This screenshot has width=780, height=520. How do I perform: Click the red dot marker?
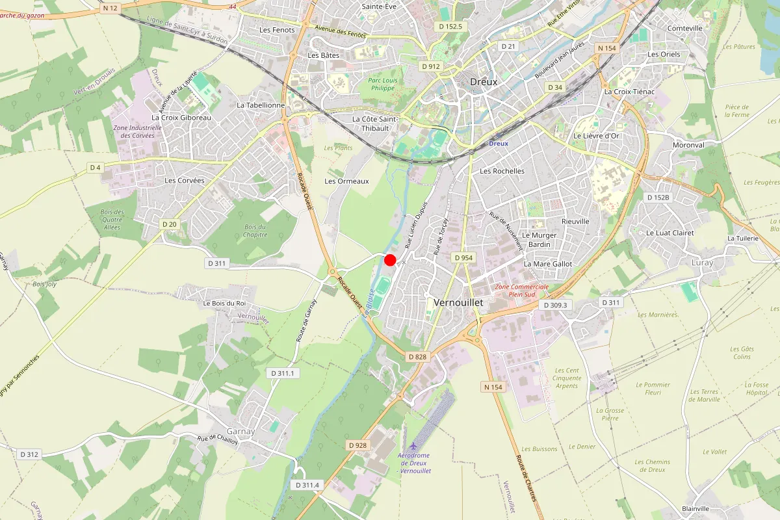[x=390, y=260]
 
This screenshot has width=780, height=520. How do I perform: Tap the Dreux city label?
[x=484, y=82]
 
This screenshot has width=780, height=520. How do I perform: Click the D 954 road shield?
[x=463, y=258]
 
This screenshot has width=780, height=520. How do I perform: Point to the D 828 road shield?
[x=417, y=357]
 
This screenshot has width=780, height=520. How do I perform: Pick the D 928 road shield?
[x=357, y=445]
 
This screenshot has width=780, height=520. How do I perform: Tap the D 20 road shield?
[x=169, y=224]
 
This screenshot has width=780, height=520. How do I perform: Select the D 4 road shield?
[x=96, y=168]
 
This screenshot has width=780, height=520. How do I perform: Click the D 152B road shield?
[x=658, y=197]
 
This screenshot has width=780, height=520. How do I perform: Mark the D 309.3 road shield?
[x=555, y=305]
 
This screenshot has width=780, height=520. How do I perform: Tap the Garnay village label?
[x=240, y=432]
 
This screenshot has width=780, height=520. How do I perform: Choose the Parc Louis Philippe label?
[x=382, y=84]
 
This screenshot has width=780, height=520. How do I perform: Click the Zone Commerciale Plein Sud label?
[x=522, y=291]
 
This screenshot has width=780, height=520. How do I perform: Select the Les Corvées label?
[x=185, y=181]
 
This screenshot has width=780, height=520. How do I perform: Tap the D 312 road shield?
[x=29, y=454]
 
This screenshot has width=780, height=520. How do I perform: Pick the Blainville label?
[x=695, y=508]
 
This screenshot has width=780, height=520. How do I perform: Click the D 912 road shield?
[x=430, y=66]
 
